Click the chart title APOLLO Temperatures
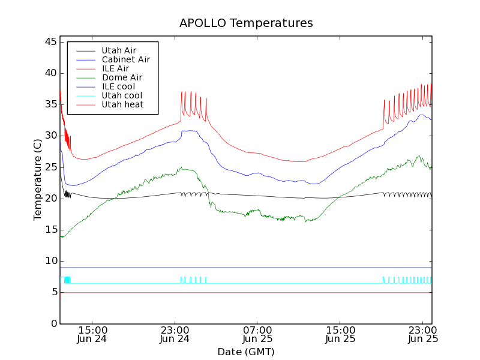[246, 23]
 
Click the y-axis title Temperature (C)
[38, 179]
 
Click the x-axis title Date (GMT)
[246, 352]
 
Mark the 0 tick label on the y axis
[53, 323]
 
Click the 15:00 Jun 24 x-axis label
[92, 334]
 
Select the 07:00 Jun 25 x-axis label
[258, 334]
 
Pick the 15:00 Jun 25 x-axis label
[341, 334]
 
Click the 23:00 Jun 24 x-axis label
[175, 334]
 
